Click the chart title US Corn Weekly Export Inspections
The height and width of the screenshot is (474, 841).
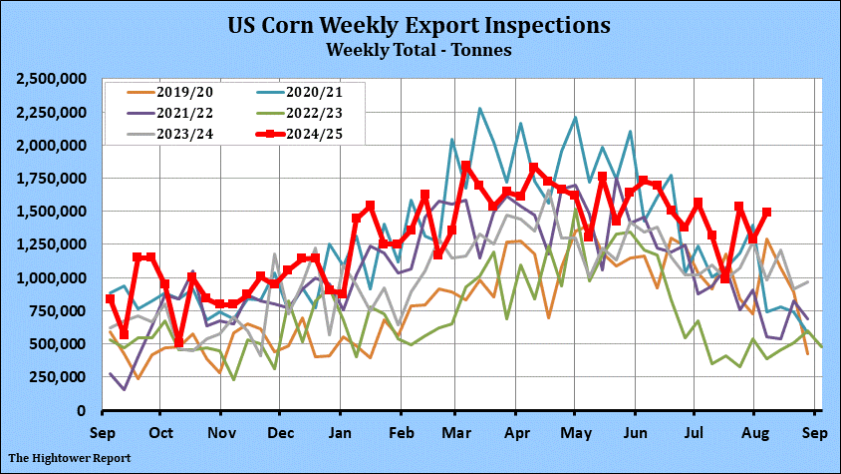click(420, 24)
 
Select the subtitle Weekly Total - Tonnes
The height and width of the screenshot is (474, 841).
click(420, 47)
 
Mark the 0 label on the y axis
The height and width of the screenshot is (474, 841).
click(88, 410)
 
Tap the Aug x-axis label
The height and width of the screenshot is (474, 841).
click(755, 433)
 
